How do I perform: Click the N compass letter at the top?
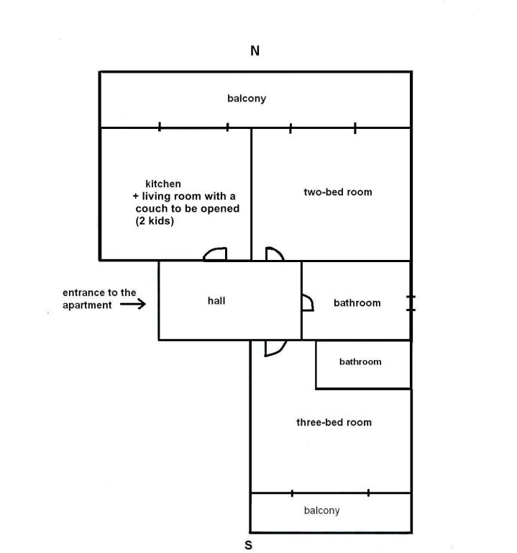click(255, 51)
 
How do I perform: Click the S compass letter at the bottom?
click(249, 545)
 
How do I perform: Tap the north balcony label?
click(247, 99)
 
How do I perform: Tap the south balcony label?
click(321, 511)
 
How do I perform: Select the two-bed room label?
click(338, 192)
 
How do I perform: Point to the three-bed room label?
click(334, 422)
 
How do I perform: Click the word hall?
click(216, 300)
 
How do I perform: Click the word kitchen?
click(163, 184)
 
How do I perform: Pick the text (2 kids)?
click(155, 222)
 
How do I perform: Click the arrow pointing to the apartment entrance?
click(133, 305)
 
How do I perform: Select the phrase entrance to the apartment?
click(99, 299)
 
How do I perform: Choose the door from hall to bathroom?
click(307, 302)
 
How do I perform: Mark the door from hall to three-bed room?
click(274, 348)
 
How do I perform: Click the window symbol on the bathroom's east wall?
click(411, 303)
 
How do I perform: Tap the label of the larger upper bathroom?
click(357, 303)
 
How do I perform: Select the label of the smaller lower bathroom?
click(360, 361)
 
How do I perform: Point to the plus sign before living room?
click(135, 197)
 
